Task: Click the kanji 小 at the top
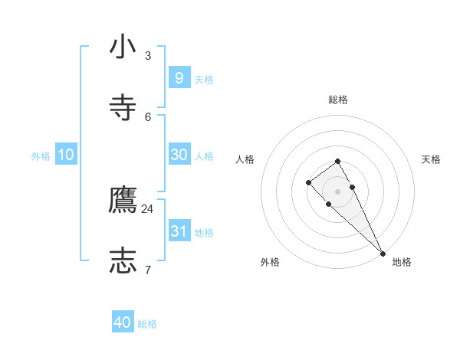tap(123, 47)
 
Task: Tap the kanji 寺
tap(123, 108)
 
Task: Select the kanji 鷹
tap(123, 200)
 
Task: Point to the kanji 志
tap(123, 260)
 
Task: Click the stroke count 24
tap(147, 208)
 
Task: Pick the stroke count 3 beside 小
tap(148, 56)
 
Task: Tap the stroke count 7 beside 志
tap(148, 270)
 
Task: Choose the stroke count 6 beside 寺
tap(148, 116)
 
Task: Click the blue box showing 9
tap(179, 77)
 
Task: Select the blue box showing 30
tap(179, 154)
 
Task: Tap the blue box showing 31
tap(179, 231)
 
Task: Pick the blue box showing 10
tap(66, 154)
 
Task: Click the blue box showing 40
tap(123, 322)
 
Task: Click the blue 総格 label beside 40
tap(147, 324)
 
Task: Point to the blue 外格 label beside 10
tap(41, 156)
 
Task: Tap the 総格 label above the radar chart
tap(338, 100)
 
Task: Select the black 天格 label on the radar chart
tap(431, 159)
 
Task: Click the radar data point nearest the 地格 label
tap(383, 253)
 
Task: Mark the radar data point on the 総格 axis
tap(338, 161)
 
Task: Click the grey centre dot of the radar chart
tap(338, 191)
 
